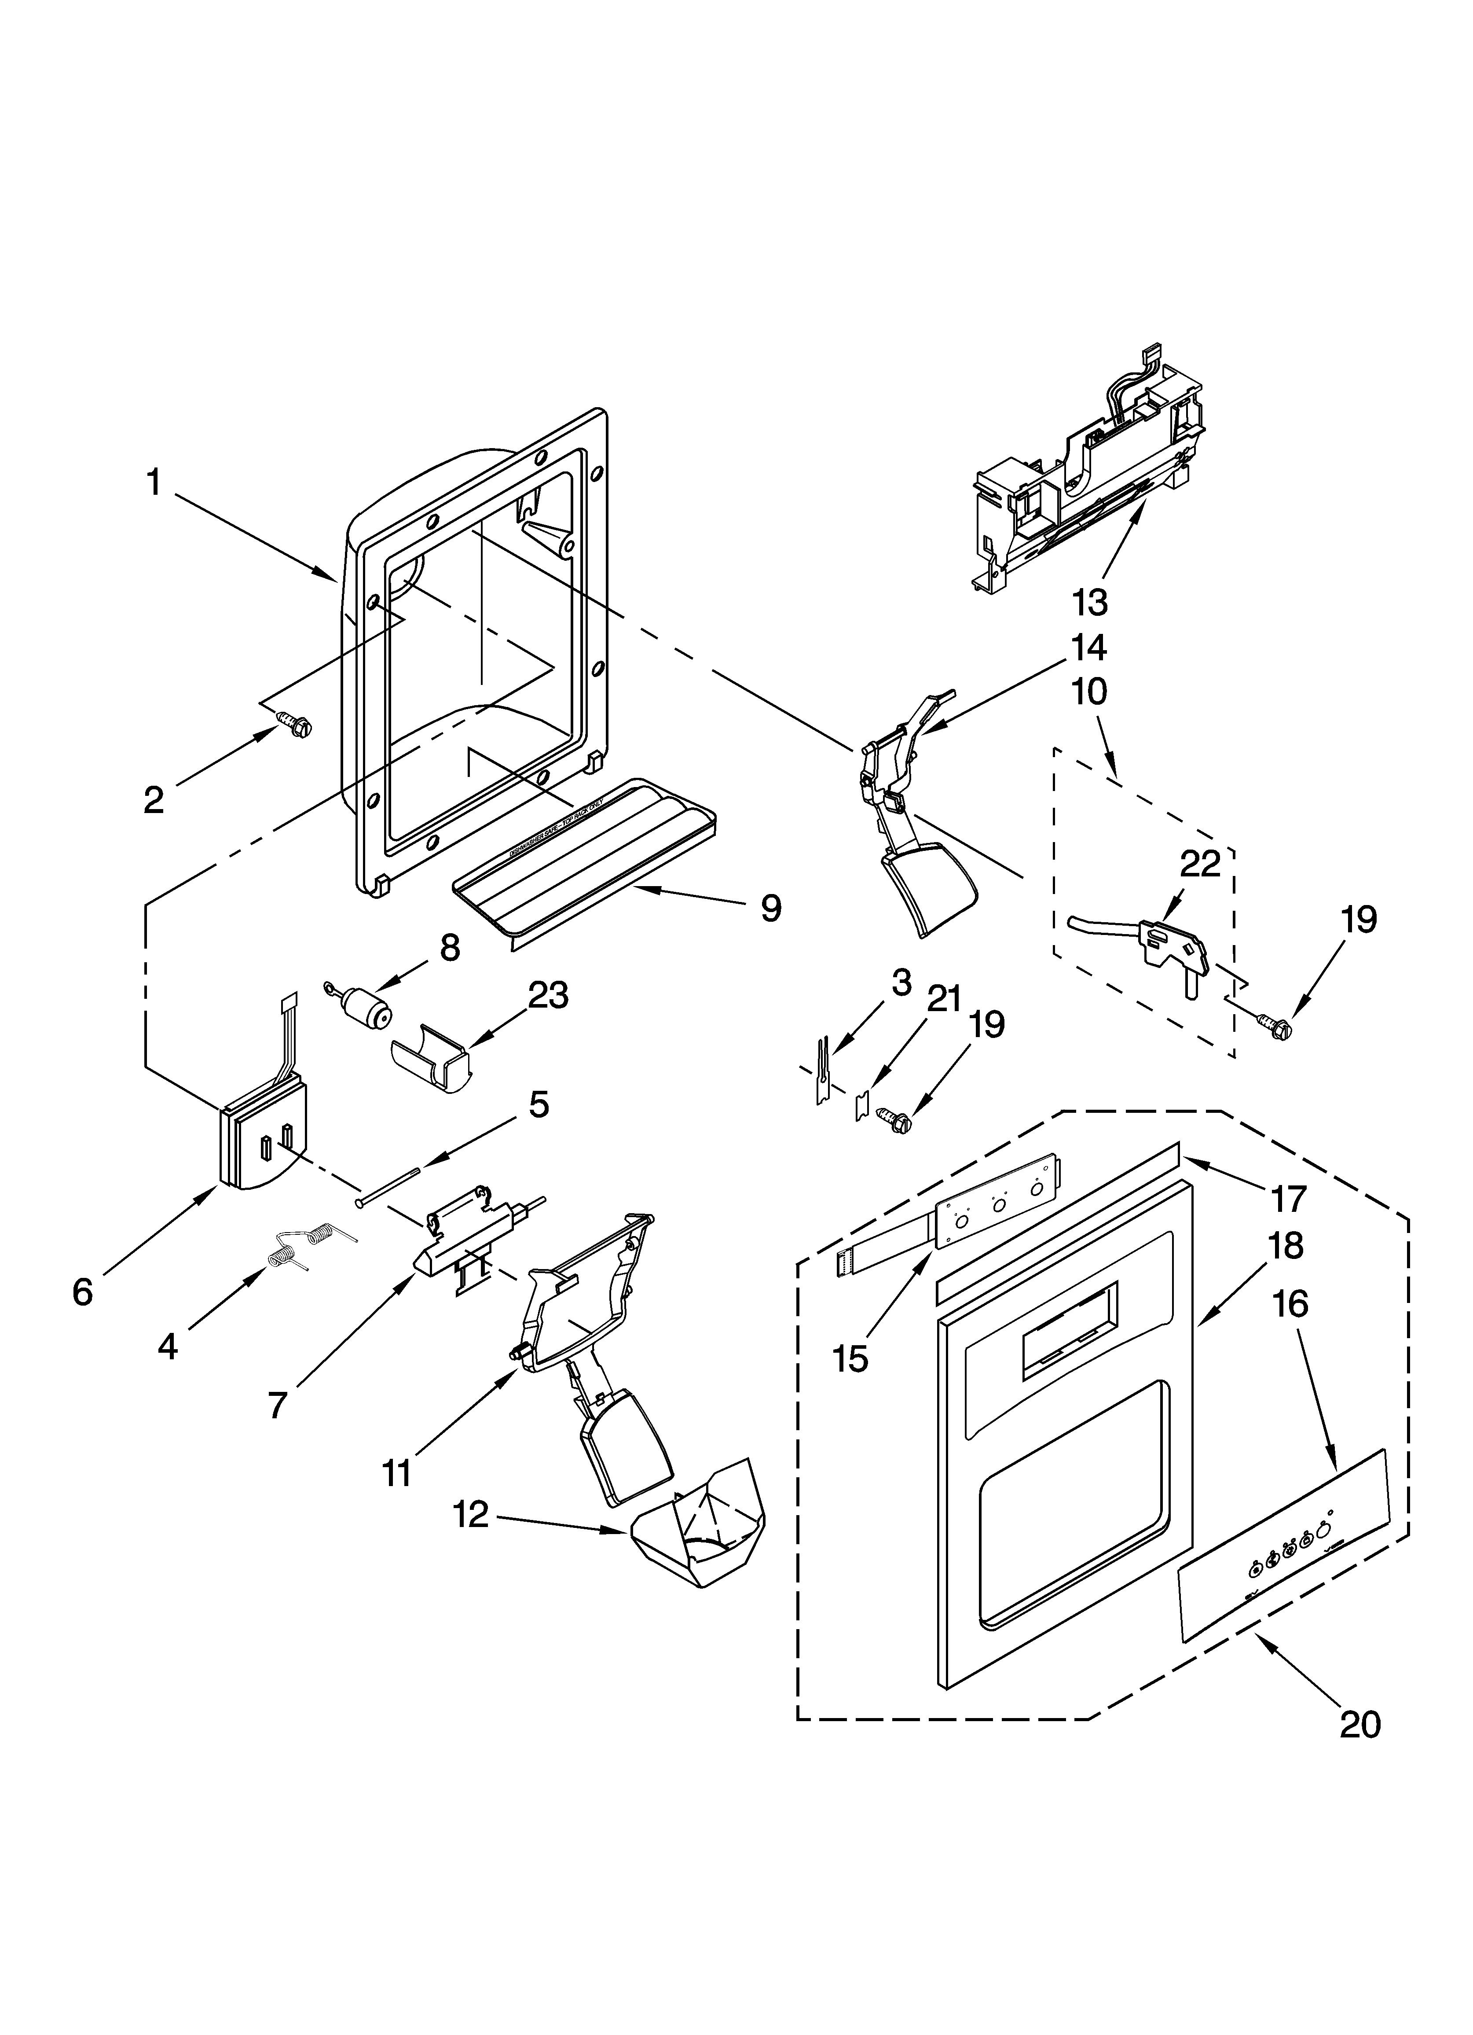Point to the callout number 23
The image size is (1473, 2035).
tap(548, 996)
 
